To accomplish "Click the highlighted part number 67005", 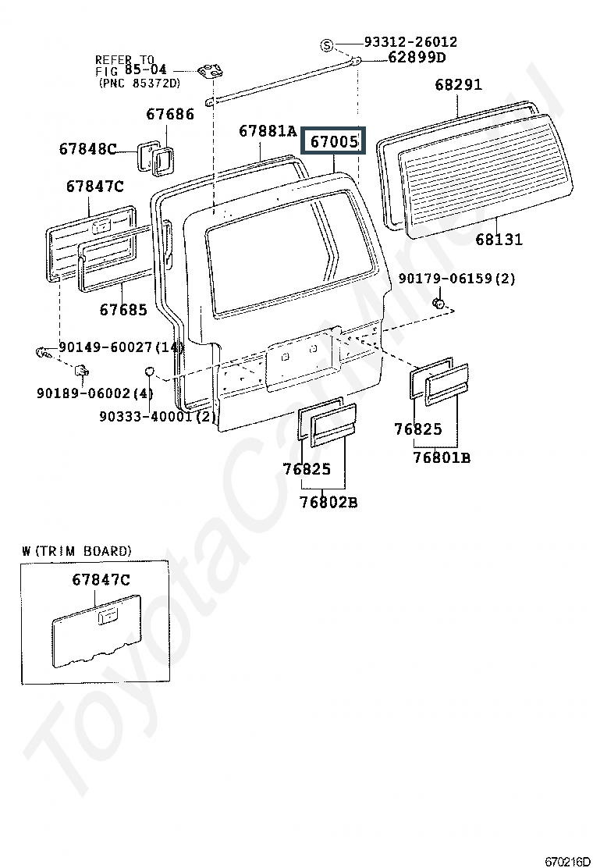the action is pos(334,142).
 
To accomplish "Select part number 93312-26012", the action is pos(410,41).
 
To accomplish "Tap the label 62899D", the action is pos(417,57).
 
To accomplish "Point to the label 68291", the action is pos(459,85).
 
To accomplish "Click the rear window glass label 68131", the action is pos(499,239).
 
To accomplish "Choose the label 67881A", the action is pos(268,131).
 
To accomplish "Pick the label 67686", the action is pos(170,114).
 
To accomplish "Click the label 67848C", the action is pos(88,149).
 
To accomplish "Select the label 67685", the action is pos(123,309).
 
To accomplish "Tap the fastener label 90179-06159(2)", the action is pos(456,278).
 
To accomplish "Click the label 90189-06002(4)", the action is pos(94,393).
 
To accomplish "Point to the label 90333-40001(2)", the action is pos(157,416).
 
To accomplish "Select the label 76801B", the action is pos(442,457).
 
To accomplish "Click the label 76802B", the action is pos(328,502).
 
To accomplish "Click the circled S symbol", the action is pos(328,45).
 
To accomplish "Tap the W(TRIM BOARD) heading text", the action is pos(77,551).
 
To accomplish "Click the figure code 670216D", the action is pos(567,861).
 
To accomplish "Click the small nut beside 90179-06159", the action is pos(438,303).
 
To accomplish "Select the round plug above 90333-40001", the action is pos(150,371).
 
